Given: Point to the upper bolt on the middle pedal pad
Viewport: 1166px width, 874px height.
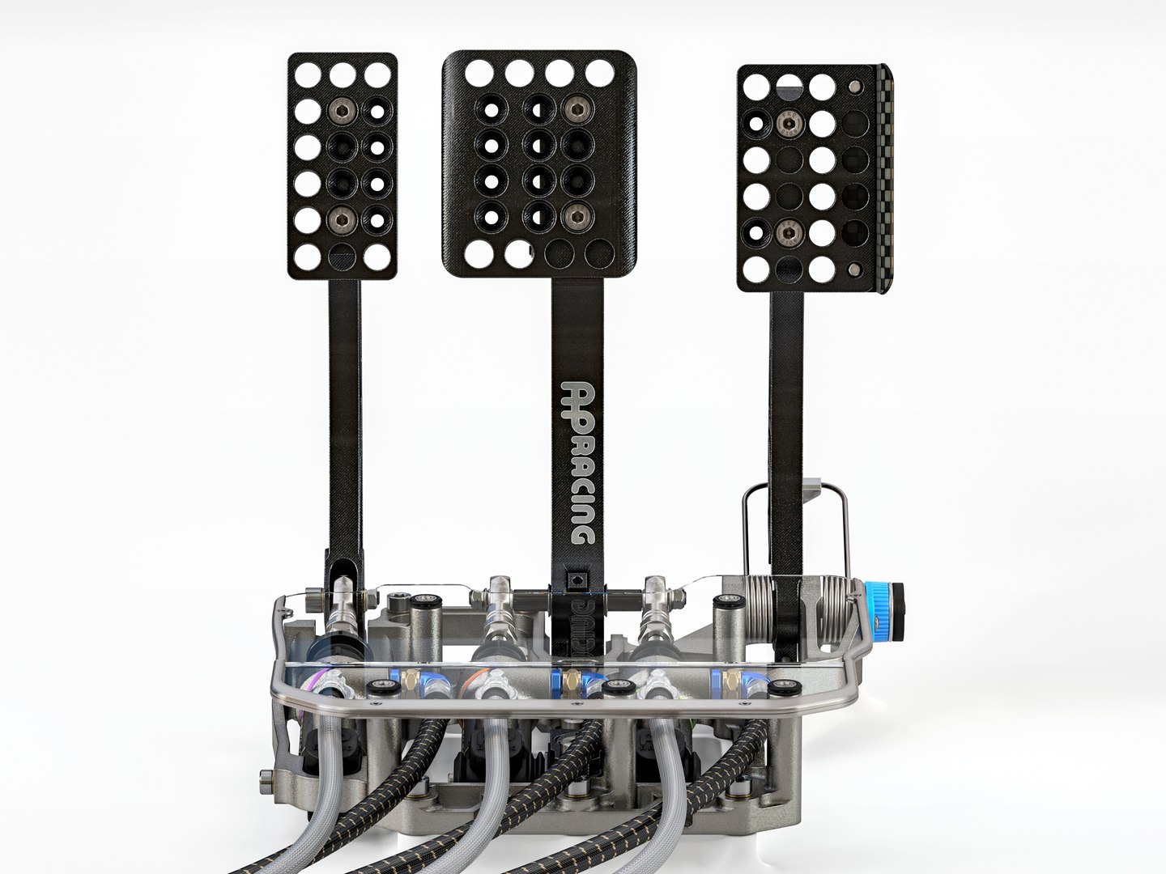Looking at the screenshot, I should click(x=576, y=108).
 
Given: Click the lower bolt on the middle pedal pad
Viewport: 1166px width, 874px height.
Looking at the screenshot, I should click(x=576, y=215).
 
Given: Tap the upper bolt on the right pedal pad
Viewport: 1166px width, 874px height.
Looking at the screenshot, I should click(x=788, y=124).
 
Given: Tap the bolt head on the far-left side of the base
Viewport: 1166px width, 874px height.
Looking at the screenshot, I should click(x=264, y=780).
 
